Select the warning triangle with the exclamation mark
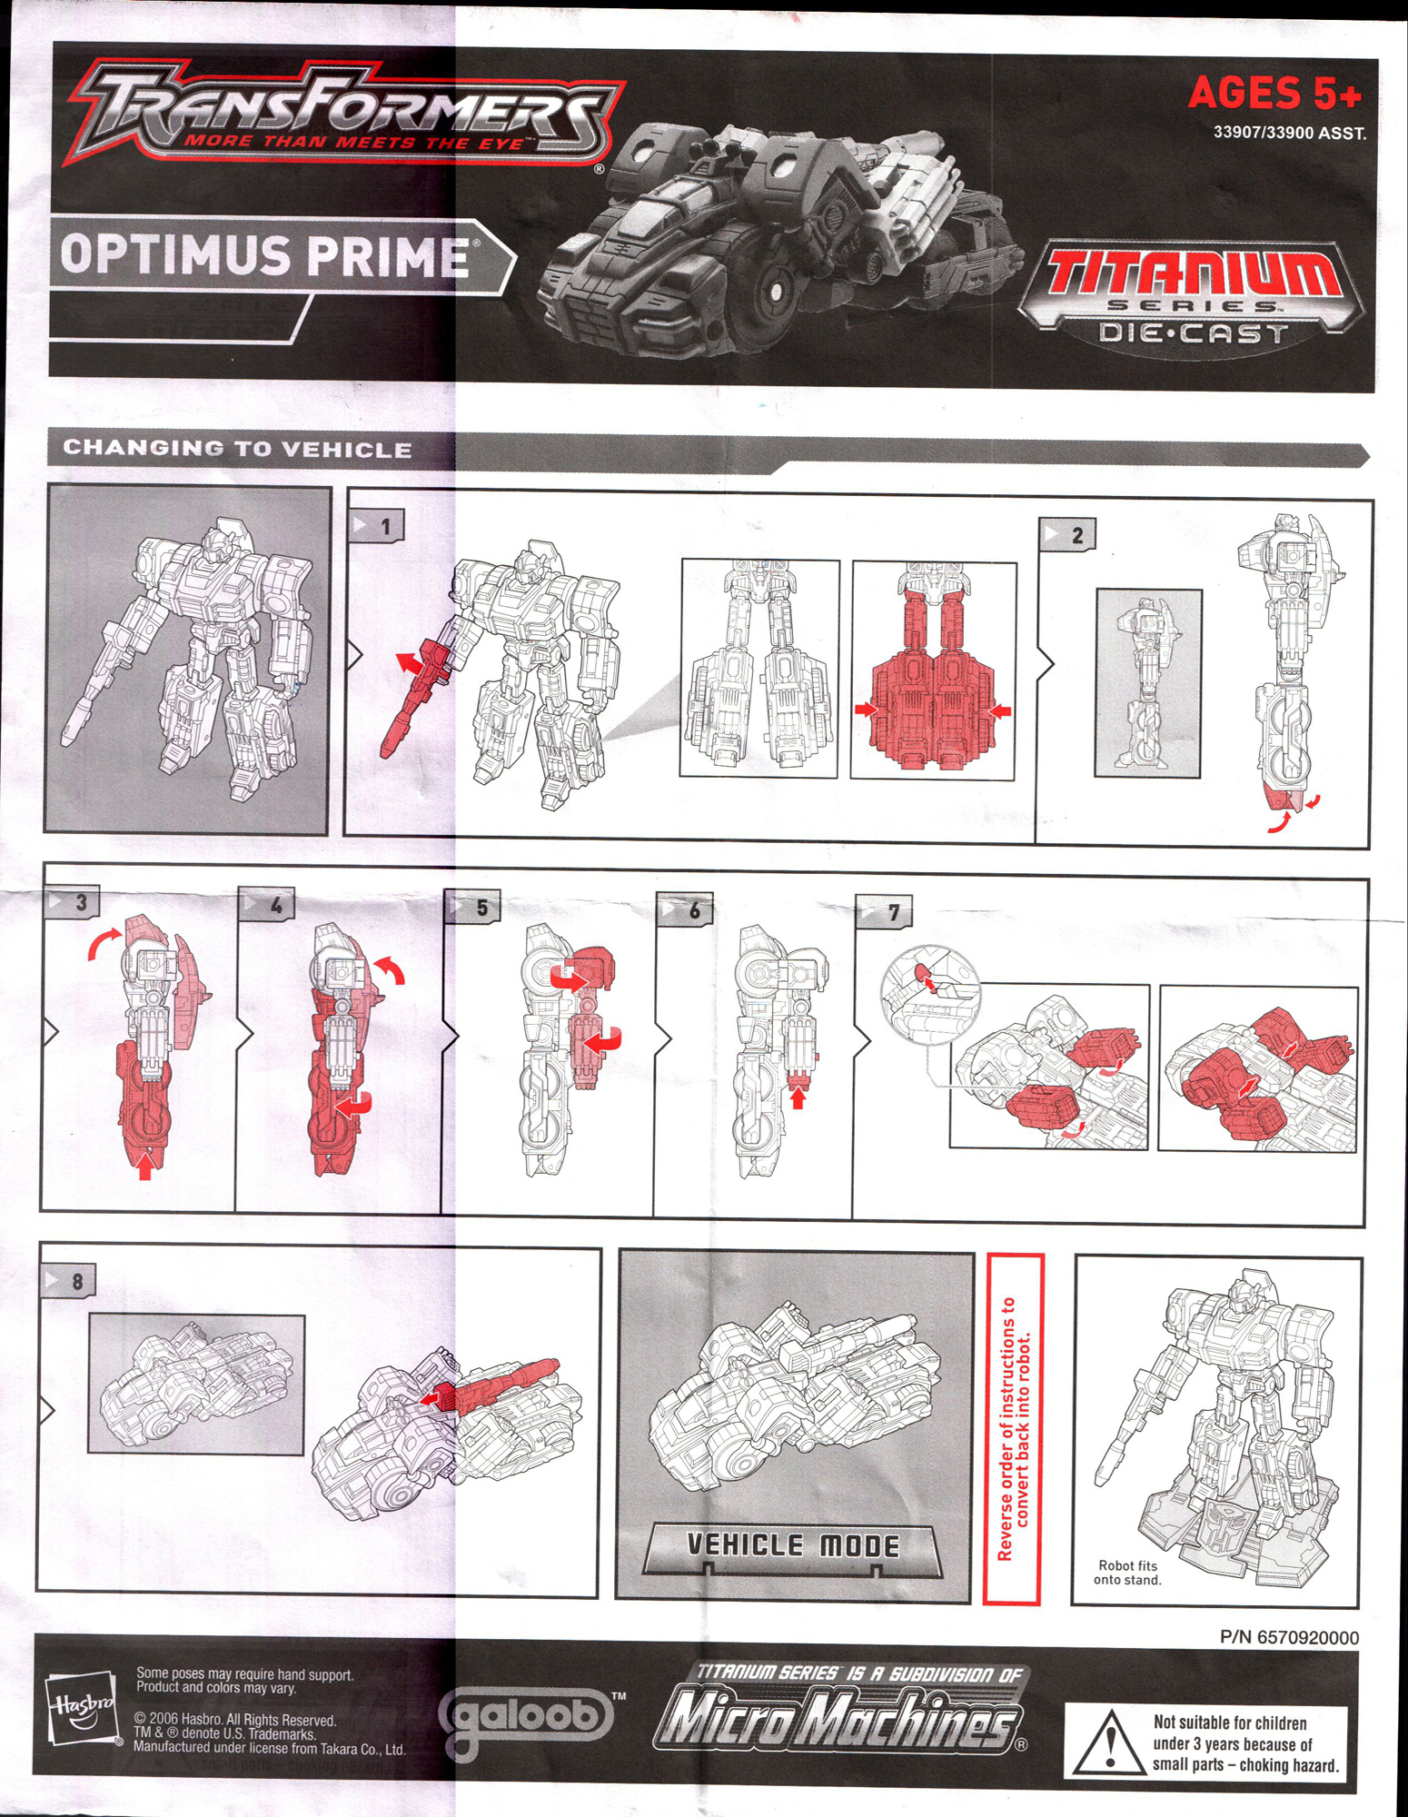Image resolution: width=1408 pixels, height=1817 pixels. tap(1107, 1743)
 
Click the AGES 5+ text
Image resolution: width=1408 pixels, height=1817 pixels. tap(1274, 92)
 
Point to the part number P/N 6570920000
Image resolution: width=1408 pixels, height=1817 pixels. tap(1289, 1637)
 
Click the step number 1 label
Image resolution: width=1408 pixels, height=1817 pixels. tap(377, 526)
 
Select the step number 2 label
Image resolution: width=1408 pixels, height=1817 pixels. tap(1068, 534)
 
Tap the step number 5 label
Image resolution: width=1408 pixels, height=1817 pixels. tap(473, 907)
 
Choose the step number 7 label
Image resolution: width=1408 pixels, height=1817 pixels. tap(885, 912)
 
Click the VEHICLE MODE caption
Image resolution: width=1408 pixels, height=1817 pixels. tap(792, 1545)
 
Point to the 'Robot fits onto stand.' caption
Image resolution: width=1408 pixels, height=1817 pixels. tap(1127, 1572)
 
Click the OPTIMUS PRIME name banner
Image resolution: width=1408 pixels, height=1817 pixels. tap(263, 255)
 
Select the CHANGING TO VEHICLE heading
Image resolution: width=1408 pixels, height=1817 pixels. tap(237, 449)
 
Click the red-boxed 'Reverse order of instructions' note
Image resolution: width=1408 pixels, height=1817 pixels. tap(1013, 1430)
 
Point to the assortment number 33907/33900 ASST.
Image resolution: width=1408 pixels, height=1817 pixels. tap(1289, 133)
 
